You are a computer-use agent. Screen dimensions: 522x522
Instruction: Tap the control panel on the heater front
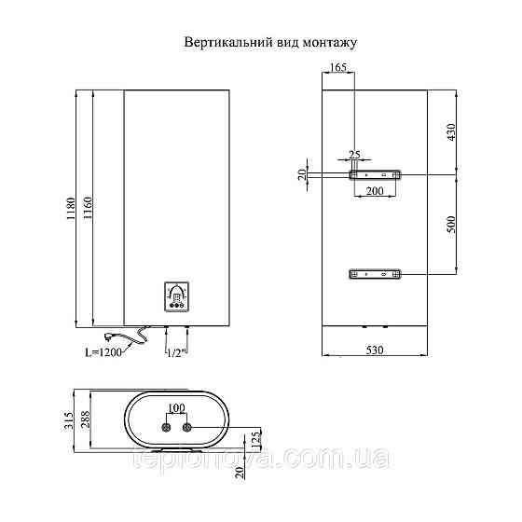[x=176, y=295]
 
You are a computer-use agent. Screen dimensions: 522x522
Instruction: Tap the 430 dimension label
[x=451, y=132]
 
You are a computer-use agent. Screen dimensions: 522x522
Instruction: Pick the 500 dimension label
[x=451, y=225]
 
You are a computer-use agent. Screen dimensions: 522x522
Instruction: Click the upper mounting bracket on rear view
[x=375, y=174]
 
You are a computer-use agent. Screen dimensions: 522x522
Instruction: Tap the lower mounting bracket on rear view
[x=375, y=274]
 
